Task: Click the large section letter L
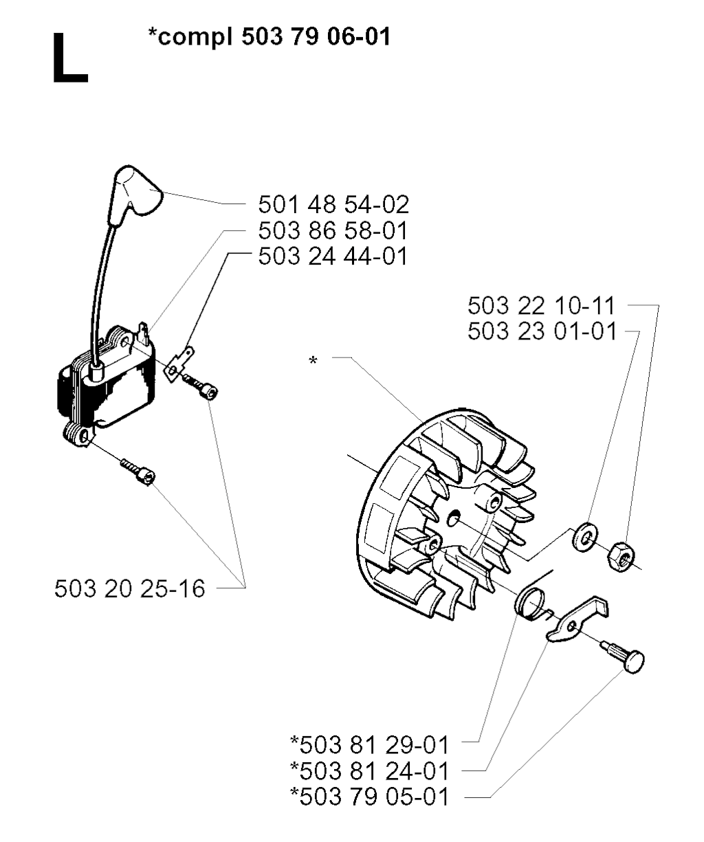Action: click(x=70, y=59)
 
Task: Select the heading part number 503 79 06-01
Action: click(x=316, y=36)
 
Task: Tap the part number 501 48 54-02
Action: click(x=333, y=204)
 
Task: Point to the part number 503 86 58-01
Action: click(x=333, y=231)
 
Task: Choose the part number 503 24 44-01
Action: click(x=333, y=256)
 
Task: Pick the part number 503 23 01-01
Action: click(x=542, y=331)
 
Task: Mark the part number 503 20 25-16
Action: click(x=130, y=589)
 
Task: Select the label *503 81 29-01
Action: click(x=369, y=746)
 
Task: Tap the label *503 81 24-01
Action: click(x=369, y=771)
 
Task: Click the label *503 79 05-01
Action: click(x=369, y=797)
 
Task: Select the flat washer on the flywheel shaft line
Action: click(x=585, y=537)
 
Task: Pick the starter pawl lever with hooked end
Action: click(x=577, y=621)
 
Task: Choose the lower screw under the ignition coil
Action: click(x=138, y=472)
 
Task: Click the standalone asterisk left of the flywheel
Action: click(x=313, y=360)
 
